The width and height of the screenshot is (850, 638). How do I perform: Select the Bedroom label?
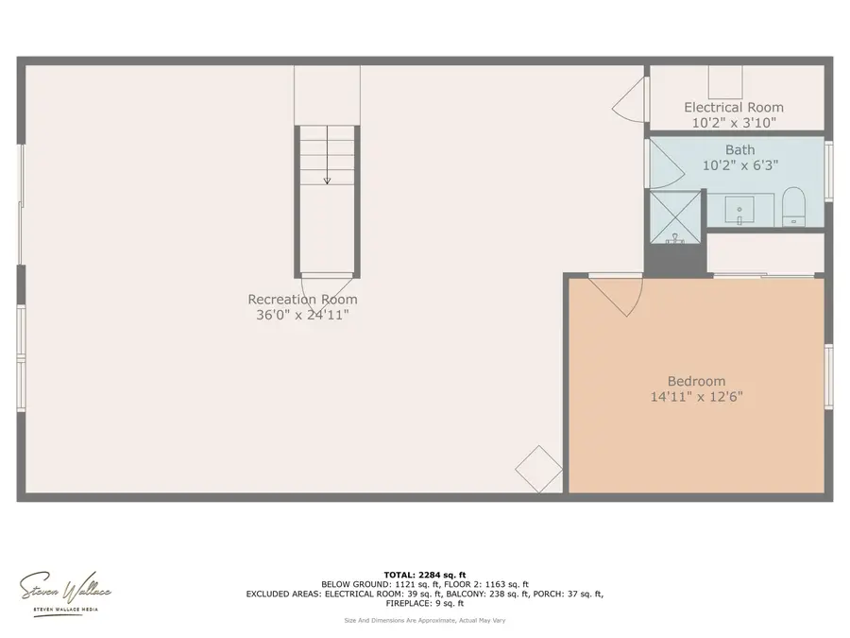coord(695,381)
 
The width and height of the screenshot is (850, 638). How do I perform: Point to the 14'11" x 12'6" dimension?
coord(695,397)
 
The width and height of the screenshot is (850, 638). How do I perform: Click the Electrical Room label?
coord(734,108)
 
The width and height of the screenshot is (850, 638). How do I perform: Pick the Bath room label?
coord(740,150)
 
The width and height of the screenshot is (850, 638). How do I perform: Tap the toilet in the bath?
coord(793,206)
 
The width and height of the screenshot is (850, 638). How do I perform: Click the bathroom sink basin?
coord(741,208)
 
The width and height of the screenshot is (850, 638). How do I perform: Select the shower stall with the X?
coord(674,216)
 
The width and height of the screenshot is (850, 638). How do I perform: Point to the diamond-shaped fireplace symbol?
coord(539,469)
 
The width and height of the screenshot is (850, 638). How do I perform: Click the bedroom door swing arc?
coord(620,295)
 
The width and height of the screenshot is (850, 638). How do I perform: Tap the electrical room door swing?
coord(629,98)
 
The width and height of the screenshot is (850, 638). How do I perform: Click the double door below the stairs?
coord(327,283)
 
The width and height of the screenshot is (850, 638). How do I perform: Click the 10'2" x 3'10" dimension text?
coord(734,123)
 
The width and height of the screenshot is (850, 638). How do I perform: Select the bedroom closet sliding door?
coord(763,276)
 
